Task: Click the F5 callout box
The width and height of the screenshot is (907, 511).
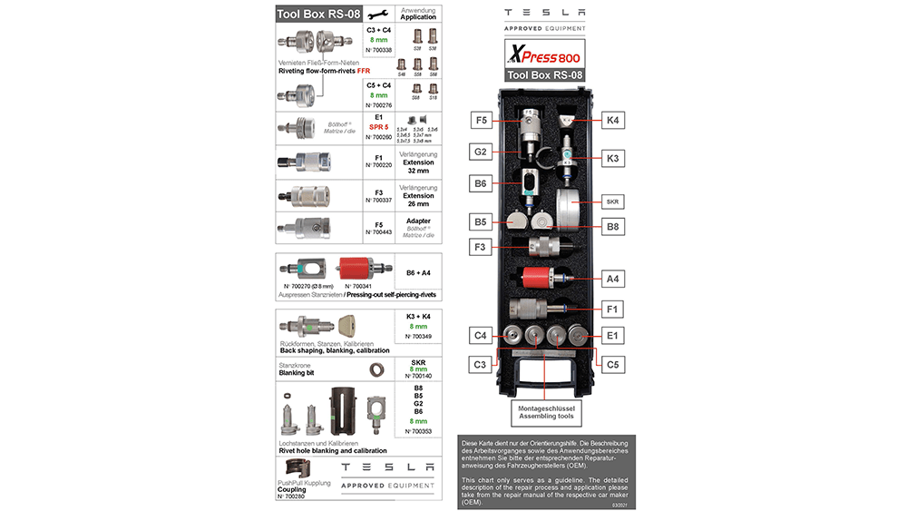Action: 481,120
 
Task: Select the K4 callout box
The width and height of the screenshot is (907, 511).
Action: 613,120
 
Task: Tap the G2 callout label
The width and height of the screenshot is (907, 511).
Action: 481,151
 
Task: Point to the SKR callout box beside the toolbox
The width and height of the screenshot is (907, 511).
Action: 613,199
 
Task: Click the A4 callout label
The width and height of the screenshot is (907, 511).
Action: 613,279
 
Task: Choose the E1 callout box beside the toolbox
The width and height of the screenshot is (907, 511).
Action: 613,336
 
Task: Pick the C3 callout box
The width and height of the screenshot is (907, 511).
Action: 481,365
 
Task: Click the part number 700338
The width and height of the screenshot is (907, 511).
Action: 379,50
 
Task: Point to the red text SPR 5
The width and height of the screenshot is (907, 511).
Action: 379,127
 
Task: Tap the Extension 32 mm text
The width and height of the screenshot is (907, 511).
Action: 418,166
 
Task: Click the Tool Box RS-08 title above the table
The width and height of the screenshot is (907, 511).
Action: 317,13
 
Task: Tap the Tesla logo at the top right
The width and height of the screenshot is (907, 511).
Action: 544,13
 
